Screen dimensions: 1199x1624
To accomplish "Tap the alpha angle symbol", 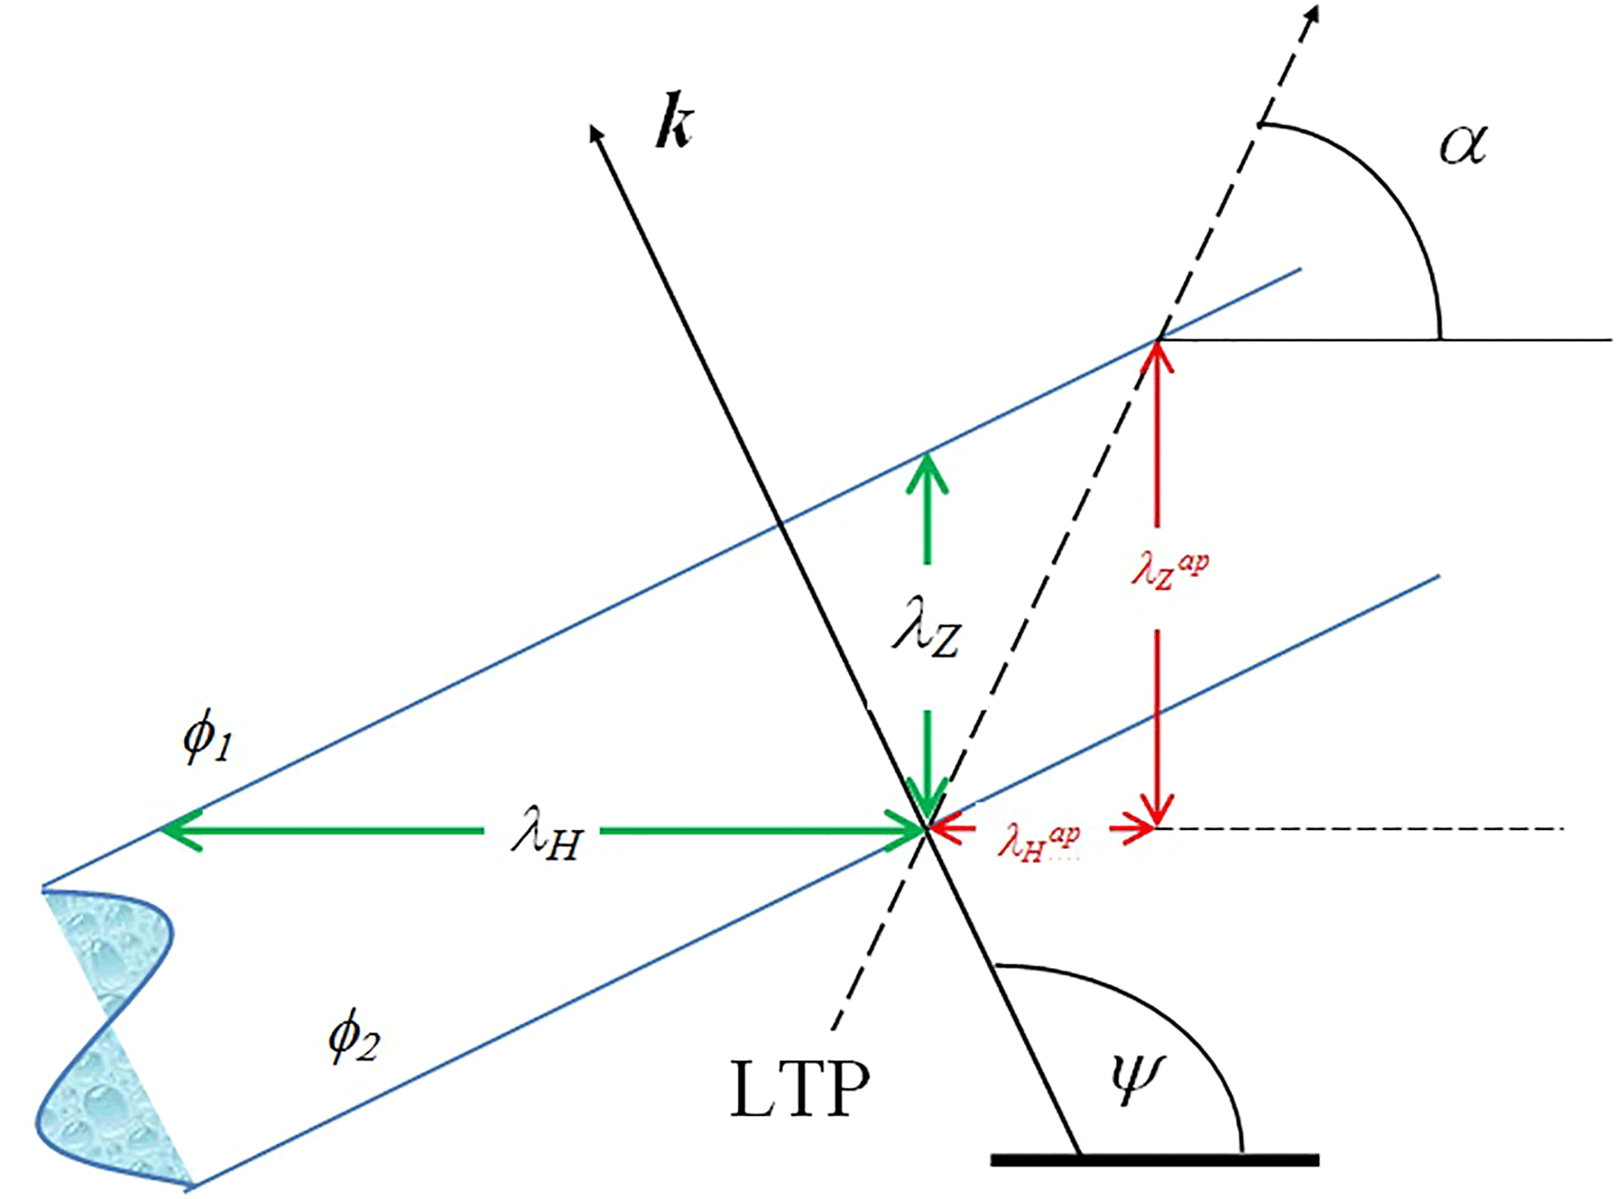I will click(x=1463, y=145).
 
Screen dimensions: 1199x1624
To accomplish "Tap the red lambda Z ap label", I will click(x=1170, y=571).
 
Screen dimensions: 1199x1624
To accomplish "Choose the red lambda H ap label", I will click(x=1039, y=842).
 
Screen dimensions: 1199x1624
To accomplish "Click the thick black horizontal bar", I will click(x=1154, y=1161).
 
